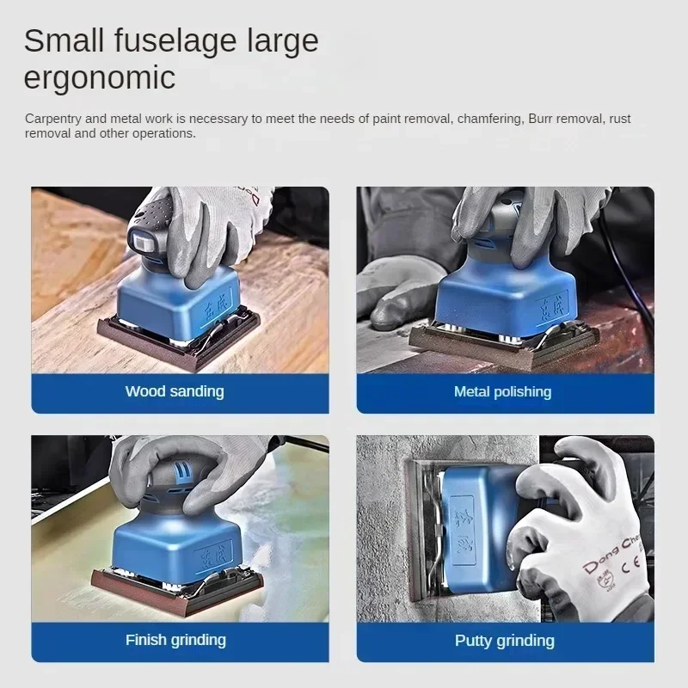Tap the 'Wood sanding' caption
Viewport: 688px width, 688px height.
point(175,391)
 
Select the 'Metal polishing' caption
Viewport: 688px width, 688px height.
point(502,392)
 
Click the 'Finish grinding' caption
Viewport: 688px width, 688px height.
point(175,640)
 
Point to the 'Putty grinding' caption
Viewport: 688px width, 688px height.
point(504,641)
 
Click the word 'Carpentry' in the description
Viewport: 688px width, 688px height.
point(54,119)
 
